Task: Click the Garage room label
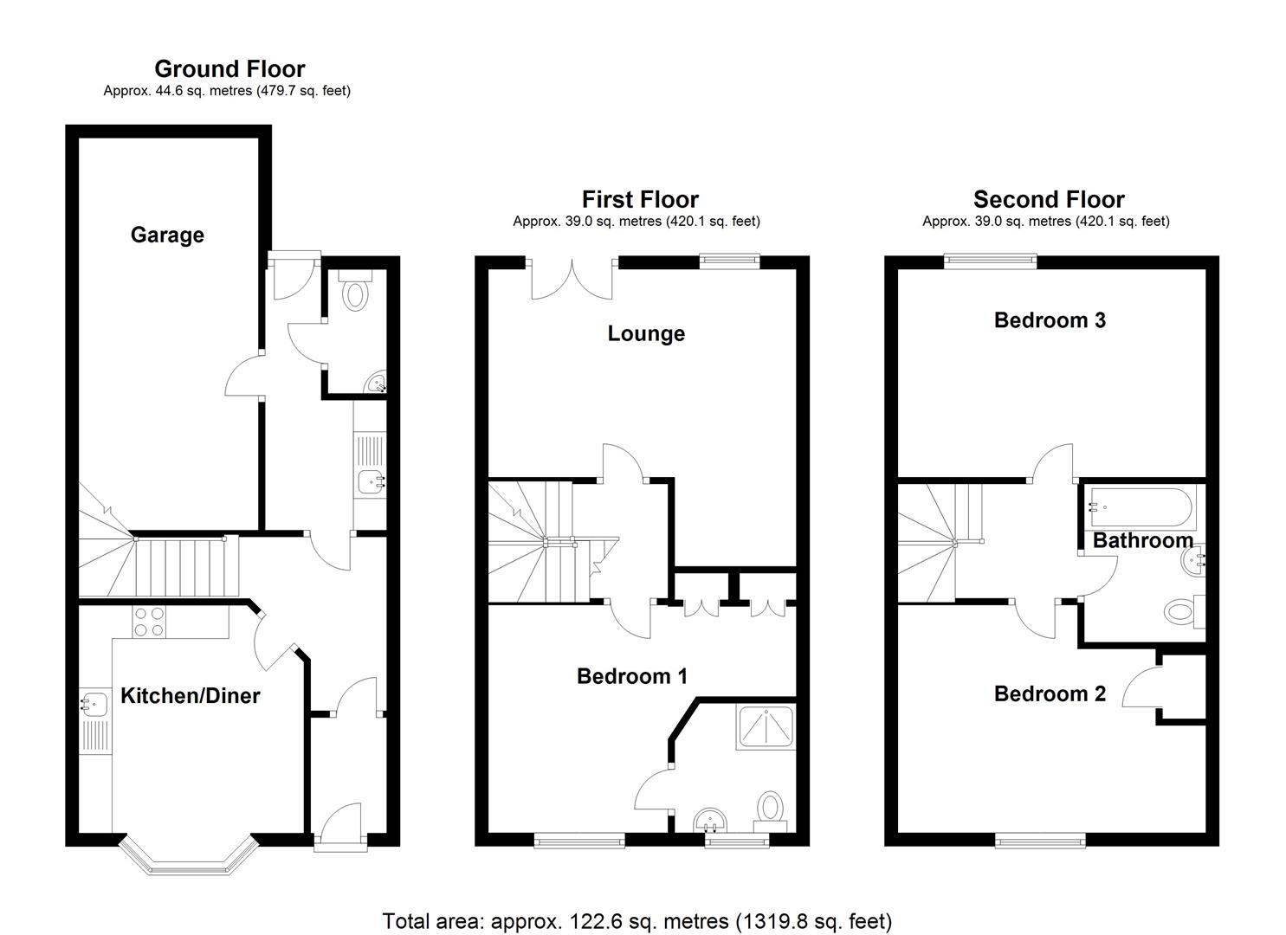167,235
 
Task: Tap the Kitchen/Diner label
190,696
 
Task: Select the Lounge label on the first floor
646,334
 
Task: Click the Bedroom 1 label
632,676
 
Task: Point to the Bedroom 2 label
1050,693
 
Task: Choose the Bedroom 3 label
1050,320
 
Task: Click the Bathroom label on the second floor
1142,541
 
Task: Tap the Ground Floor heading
229,68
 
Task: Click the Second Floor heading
1048,200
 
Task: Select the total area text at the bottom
637,921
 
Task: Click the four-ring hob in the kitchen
148,622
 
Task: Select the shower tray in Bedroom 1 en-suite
765,725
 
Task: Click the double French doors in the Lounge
572,279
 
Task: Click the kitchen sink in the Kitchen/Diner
94,705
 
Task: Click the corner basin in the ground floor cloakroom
377,383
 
